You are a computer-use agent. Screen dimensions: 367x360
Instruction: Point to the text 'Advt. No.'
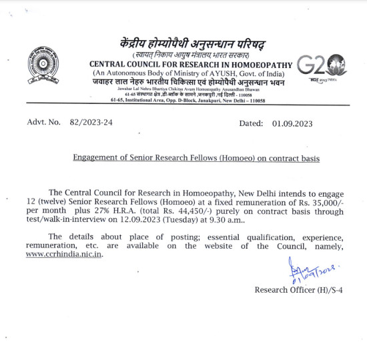point(43,123)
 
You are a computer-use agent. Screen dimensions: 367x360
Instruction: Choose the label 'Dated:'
point(252,123)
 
